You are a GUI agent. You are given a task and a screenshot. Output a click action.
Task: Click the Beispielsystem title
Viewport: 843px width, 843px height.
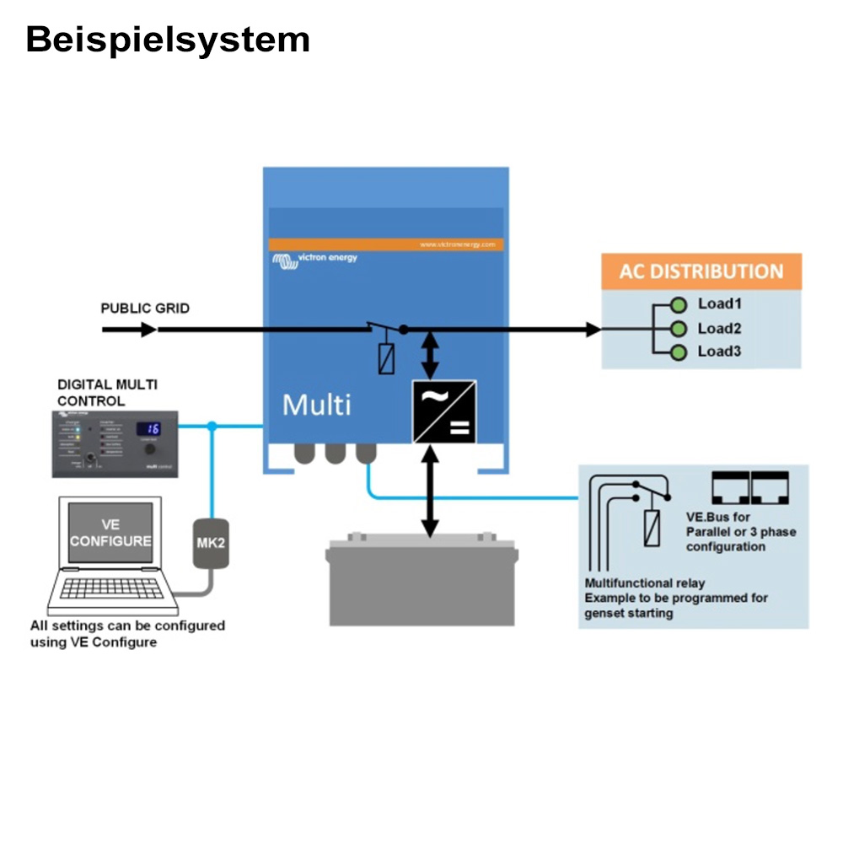pyautogui.click(x=168, y=40)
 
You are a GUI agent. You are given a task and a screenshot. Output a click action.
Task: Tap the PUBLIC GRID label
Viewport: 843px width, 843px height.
pyautogui.click(x=145, y=309)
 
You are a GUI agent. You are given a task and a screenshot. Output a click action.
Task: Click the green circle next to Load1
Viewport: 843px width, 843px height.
pyautogui.click(x=678, y=304)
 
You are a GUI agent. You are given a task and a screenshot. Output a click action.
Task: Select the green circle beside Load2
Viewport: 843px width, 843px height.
pyautogui.click(x=678, y=329)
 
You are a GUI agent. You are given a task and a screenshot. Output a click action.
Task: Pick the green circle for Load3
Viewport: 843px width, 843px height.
pyautogui.click(x=678, y=352)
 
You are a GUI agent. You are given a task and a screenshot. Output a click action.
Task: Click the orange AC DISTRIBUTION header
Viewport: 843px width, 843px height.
pyautogui.click(x=701, y=271)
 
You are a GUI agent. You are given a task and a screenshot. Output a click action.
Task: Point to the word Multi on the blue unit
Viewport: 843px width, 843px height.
pyautogui.click(x=316, y=405)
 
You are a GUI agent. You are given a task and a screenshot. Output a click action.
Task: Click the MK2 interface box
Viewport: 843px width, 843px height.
pyautogui.click(x=211, y=543)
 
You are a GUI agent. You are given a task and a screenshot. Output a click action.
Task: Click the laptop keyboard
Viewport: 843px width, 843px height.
pyautogui.click(x=111, y=588)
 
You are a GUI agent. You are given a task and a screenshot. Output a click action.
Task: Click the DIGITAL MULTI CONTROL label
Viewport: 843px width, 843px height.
pyautogui.click(x=107, y=393)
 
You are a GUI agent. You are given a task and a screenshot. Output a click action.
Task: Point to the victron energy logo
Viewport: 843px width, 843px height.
pyautogui.click(x=314, y=260)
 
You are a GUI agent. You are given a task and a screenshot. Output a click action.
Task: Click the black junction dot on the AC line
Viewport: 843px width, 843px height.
pyautogui.click(x=403, y=330)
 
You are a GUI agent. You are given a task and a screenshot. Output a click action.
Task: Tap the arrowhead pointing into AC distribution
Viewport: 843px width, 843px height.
pyautogui.click(x=593, y=330)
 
